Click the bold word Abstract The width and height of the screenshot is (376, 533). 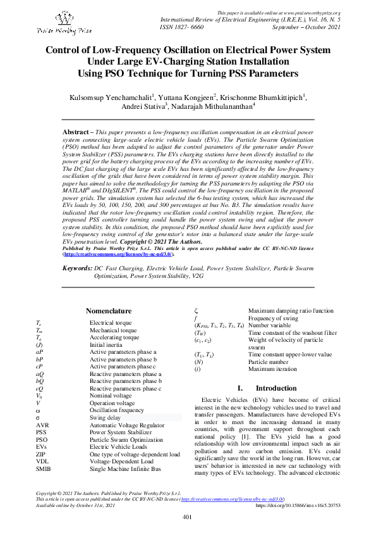75,132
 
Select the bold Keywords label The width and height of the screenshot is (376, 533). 79,268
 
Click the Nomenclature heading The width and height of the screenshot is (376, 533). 108,311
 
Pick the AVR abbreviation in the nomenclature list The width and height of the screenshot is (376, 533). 42,425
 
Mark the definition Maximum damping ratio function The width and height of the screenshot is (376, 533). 291,311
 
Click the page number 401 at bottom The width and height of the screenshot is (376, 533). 187,517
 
